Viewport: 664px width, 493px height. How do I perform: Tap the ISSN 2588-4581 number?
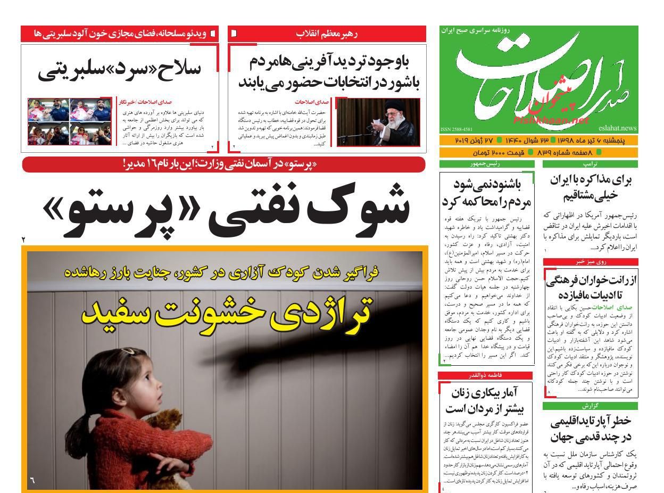coord(456,129)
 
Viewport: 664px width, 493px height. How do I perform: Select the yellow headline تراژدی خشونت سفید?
coord(227,311)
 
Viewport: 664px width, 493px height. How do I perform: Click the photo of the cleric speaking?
coord(378,122)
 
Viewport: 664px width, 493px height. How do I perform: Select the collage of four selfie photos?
coord(70,122)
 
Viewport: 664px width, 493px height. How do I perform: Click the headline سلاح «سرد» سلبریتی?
coord(119,71)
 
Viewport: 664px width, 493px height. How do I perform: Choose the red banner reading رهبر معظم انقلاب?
coord(327,34)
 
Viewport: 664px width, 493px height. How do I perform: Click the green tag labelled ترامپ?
coord(590,164)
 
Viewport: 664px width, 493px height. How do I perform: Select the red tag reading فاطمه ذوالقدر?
coord(485,375)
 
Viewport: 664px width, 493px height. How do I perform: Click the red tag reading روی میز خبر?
coord(590,261)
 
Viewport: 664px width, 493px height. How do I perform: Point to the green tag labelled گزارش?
coord(590,406)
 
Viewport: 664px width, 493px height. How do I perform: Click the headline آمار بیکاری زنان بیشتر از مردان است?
coord(485,401)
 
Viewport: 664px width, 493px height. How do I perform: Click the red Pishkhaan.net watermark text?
coord(552,120)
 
